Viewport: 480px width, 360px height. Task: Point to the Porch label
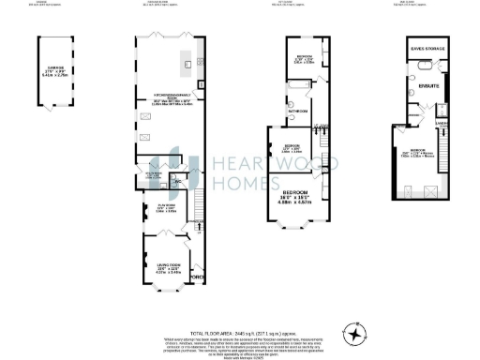pos(196,278)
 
